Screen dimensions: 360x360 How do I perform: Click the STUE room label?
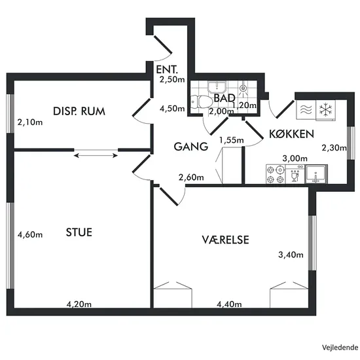[79, 232]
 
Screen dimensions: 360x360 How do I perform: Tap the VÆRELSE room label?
[225, 240]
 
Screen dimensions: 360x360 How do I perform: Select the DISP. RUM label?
[79, 111]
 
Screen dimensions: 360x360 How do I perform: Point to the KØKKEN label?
[291, 134]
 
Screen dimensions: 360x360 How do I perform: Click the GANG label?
[190, 147]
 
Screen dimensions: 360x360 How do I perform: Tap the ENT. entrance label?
[167, 69]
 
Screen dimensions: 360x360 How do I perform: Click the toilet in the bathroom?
[201, 101]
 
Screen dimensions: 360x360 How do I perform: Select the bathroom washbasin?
[217, 87]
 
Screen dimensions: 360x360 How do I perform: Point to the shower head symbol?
[243, 88]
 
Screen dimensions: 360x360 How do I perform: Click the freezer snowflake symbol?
[325, 109]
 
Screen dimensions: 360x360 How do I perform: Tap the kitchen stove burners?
[276, 174]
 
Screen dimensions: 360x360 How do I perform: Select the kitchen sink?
[316, 174]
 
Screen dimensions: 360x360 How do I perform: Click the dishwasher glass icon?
[295, 176]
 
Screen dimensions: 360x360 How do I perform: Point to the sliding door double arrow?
[96, 156]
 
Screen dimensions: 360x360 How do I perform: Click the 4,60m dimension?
[30, 234]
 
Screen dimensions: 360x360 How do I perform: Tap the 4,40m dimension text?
[229, 304]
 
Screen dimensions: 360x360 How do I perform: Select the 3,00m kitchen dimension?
[295, 158]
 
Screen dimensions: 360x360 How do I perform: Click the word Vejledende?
[340, 348]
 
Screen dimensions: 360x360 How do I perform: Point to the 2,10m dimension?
[30, 122]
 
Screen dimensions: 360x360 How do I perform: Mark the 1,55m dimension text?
[232, 140]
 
